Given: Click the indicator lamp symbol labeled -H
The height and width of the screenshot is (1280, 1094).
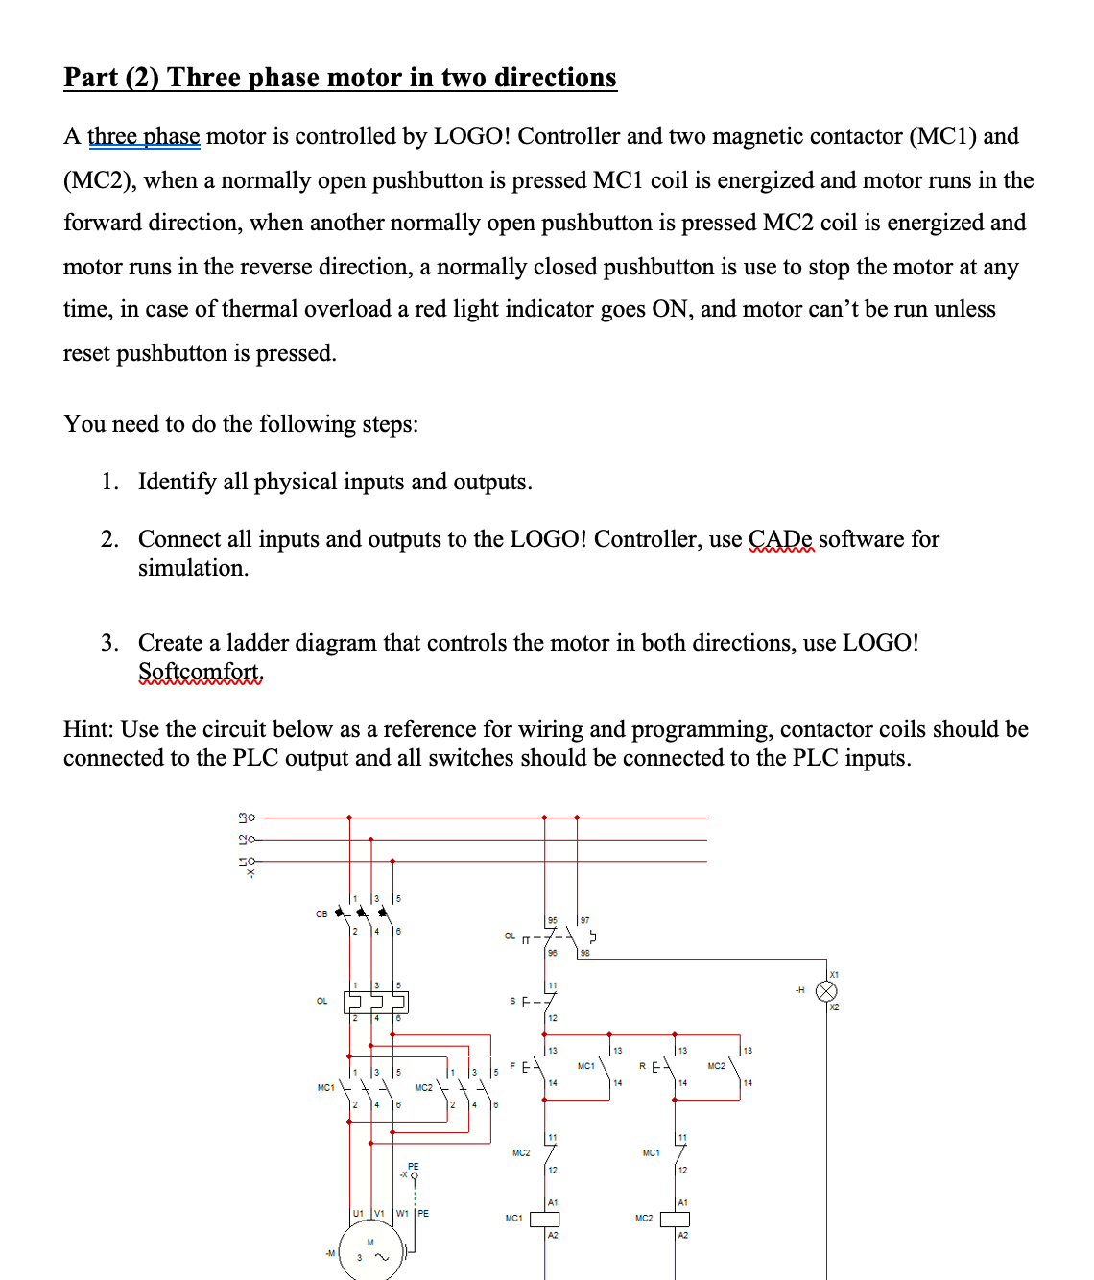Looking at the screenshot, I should pyautogui.click(x=826, y=991).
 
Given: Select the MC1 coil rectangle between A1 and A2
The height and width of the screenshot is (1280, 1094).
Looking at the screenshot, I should pyautogui.click(x=545, y=1219).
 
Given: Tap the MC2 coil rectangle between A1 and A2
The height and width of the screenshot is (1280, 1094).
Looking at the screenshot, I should pyautogui.click(x=675, y=1219).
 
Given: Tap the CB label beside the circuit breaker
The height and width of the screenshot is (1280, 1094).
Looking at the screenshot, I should pyautogui.click(x=321, y=913).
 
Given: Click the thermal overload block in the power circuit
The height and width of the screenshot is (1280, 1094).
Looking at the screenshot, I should pyautogui.click(x=375, y=1002).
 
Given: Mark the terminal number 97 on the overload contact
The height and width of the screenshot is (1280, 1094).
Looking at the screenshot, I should pyautogui.click(x=584, y=920).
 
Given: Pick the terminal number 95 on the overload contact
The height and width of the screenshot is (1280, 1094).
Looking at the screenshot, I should pyautogui.click(x=552, y=920).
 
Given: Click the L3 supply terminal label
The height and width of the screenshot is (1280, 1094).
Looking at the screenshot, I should pyautogui.click(x=244, y=818).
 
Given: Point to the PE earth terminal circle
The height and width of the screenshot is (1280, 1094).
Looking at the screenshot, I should pyautogui.click(x=415, y=1175).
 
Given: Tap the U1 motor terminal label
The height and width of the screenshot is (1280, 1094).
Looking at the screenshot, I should pyautogui.click(x=358, y=1213).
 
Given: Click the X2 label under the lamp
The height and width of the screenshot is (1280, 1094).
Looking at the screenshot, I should pyautogui.click(x=834, y=1007).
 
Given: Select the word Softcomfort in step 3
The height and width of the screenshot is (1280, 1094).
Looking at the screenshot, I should pyautogui.click(x=200, y=672).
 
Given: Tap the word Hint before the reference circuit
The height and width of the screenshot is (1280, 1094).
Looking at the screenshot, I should pyautogui.click(x=88, y=729).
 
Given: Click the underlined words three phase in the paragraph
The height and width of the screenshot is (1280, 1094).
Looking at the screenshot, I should pyautogui.click(x=144, y=136).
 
